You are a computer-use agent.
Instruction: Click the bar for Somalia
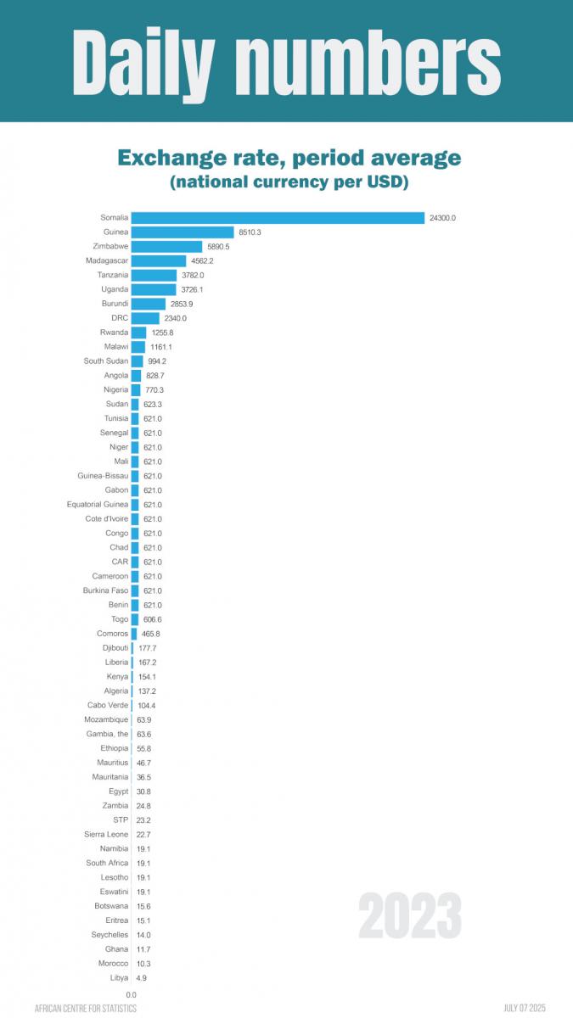pyautogui.click(x=278, y=218)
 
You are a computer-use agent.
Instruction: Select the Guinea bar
pyautogui.click(x=183, y=232)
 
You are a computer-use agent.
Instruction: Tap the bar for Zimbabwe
pyautogui.click(x=166, y=247)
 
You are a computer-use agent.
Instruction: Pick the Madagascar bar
pyautogui.click(x=159, y=261)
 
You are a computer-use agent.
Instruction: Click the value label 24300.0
pyautogui.click(x=442, y=218)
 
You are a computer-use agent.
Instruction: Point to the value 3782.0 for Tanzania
pyautogui.click(x=191, y=276)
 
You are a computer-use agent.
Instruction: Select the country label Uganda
pyautogui.click(x=115, y=289)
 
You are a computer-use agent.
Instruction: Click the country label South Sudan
pyautogui.click(x=106, y=361)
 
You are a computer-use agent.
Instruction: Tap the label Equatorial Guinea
pyautogui.click(x=98, y=505)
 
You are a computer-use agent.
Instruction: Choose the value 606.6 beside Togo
pyautogui.click(x=153, y=619)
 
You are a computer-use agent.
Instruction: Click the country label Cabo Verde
pyautogui.click(x=108, y=706)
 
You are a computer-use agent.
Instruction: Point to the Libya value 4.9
pyautogui.click(x=143, y=978)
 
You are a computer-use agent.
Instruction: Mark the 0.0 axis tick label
pyautogui.click(x=132, y=994)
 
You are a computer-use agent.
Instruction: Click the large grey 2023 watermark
pyautogui.click(x=410, y=916)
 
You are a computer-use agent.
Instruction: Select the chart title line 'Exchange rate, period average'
pyautogui.click(x=289, y=158)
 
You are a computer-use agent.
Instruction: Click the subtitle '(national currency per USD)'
pyautogui.click(x=289, y=182)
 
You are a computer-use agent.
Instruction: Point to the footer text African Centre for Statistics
pyautogui.click(x=86, y=1009)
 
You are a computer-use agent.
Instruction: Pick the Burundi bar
pyautogui.click(x=149, y=304)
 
